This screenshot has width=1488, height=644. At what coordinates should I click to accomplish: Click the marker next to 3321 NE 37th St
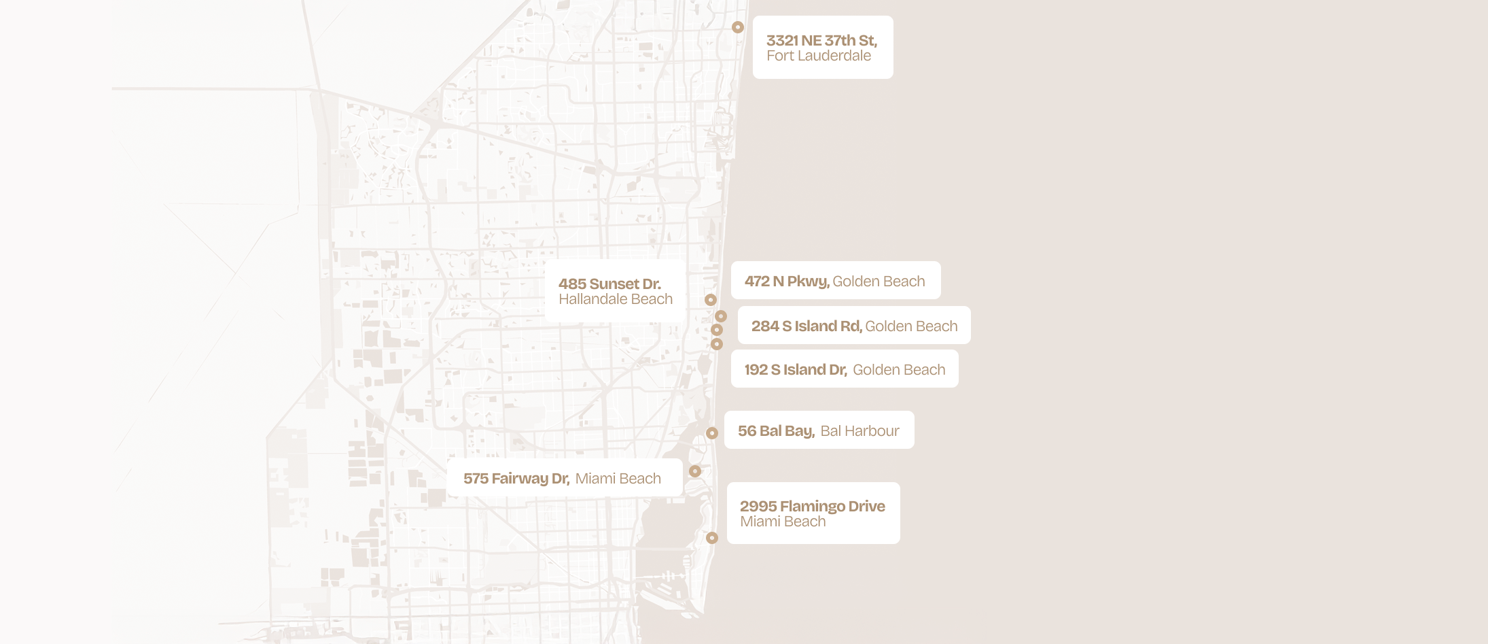[738, 27]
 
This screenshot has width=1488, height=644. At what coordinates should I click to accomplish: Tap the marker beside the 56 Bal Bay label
[712, 433]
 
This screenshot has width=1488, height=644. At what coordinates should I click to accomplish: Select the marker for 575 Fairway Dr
[695, 471]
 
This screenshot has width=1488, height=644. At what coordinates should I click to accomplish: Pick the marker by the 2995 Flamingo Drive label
[712, 538]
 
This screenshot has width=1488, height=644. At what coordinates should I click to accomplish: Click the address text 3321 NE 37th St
[821, 41]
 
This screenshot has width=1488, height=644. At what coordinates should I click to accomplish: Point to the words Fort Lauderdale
[819, 56]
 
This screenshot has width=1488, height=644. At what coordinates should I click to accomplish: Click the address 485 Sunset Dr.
[609, 284]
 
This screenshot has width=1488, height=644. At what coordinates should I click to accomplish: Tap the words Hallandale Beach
[616, 300]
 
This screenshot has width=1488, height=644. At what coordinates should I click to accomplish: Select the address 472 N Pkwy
[786, 282]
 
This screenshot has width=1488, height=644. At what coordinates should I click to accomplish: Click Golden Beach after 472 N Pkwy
[879, 282]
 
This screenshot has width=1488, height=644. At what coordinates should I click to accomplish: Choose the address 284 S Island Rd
[806, 326]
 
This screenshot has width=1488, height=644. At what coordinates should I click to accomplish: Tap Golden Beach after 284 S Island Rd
[911, 326]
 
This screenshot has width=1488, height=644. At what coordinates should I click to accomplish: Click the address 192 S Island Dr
[795, 370]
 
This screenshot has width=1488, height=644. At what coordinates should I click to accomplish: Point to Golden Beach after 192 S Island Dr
[899, 370]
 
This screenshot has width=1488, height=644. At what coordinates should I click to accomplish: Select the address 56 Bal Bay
[775, 431]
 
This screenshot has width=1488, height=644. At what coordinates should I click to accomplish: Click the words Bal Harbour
[860, 431]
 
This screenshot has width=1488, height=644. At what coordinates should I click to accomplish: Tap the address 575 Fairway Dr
[516, 479]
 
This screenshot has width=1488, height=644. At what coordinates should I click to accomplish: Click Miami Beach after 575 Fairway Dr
[618, 479]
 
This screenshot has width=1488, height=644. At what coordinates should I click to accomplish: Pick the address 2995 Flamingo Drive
[812, 507]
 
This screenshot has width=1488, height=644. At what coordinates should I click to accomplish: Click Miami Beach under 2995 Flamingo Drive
[783, 522]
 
